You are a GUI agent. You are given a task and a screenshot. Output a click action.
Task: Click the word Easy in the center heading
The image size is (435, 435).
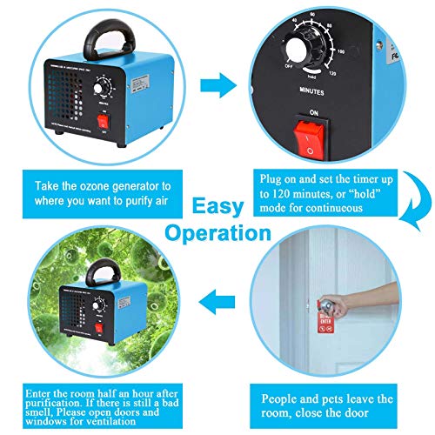click(217, 207)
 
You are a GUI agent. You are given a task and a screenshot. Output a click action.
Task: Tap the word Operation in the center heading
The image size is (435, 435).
click(217, 233)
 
